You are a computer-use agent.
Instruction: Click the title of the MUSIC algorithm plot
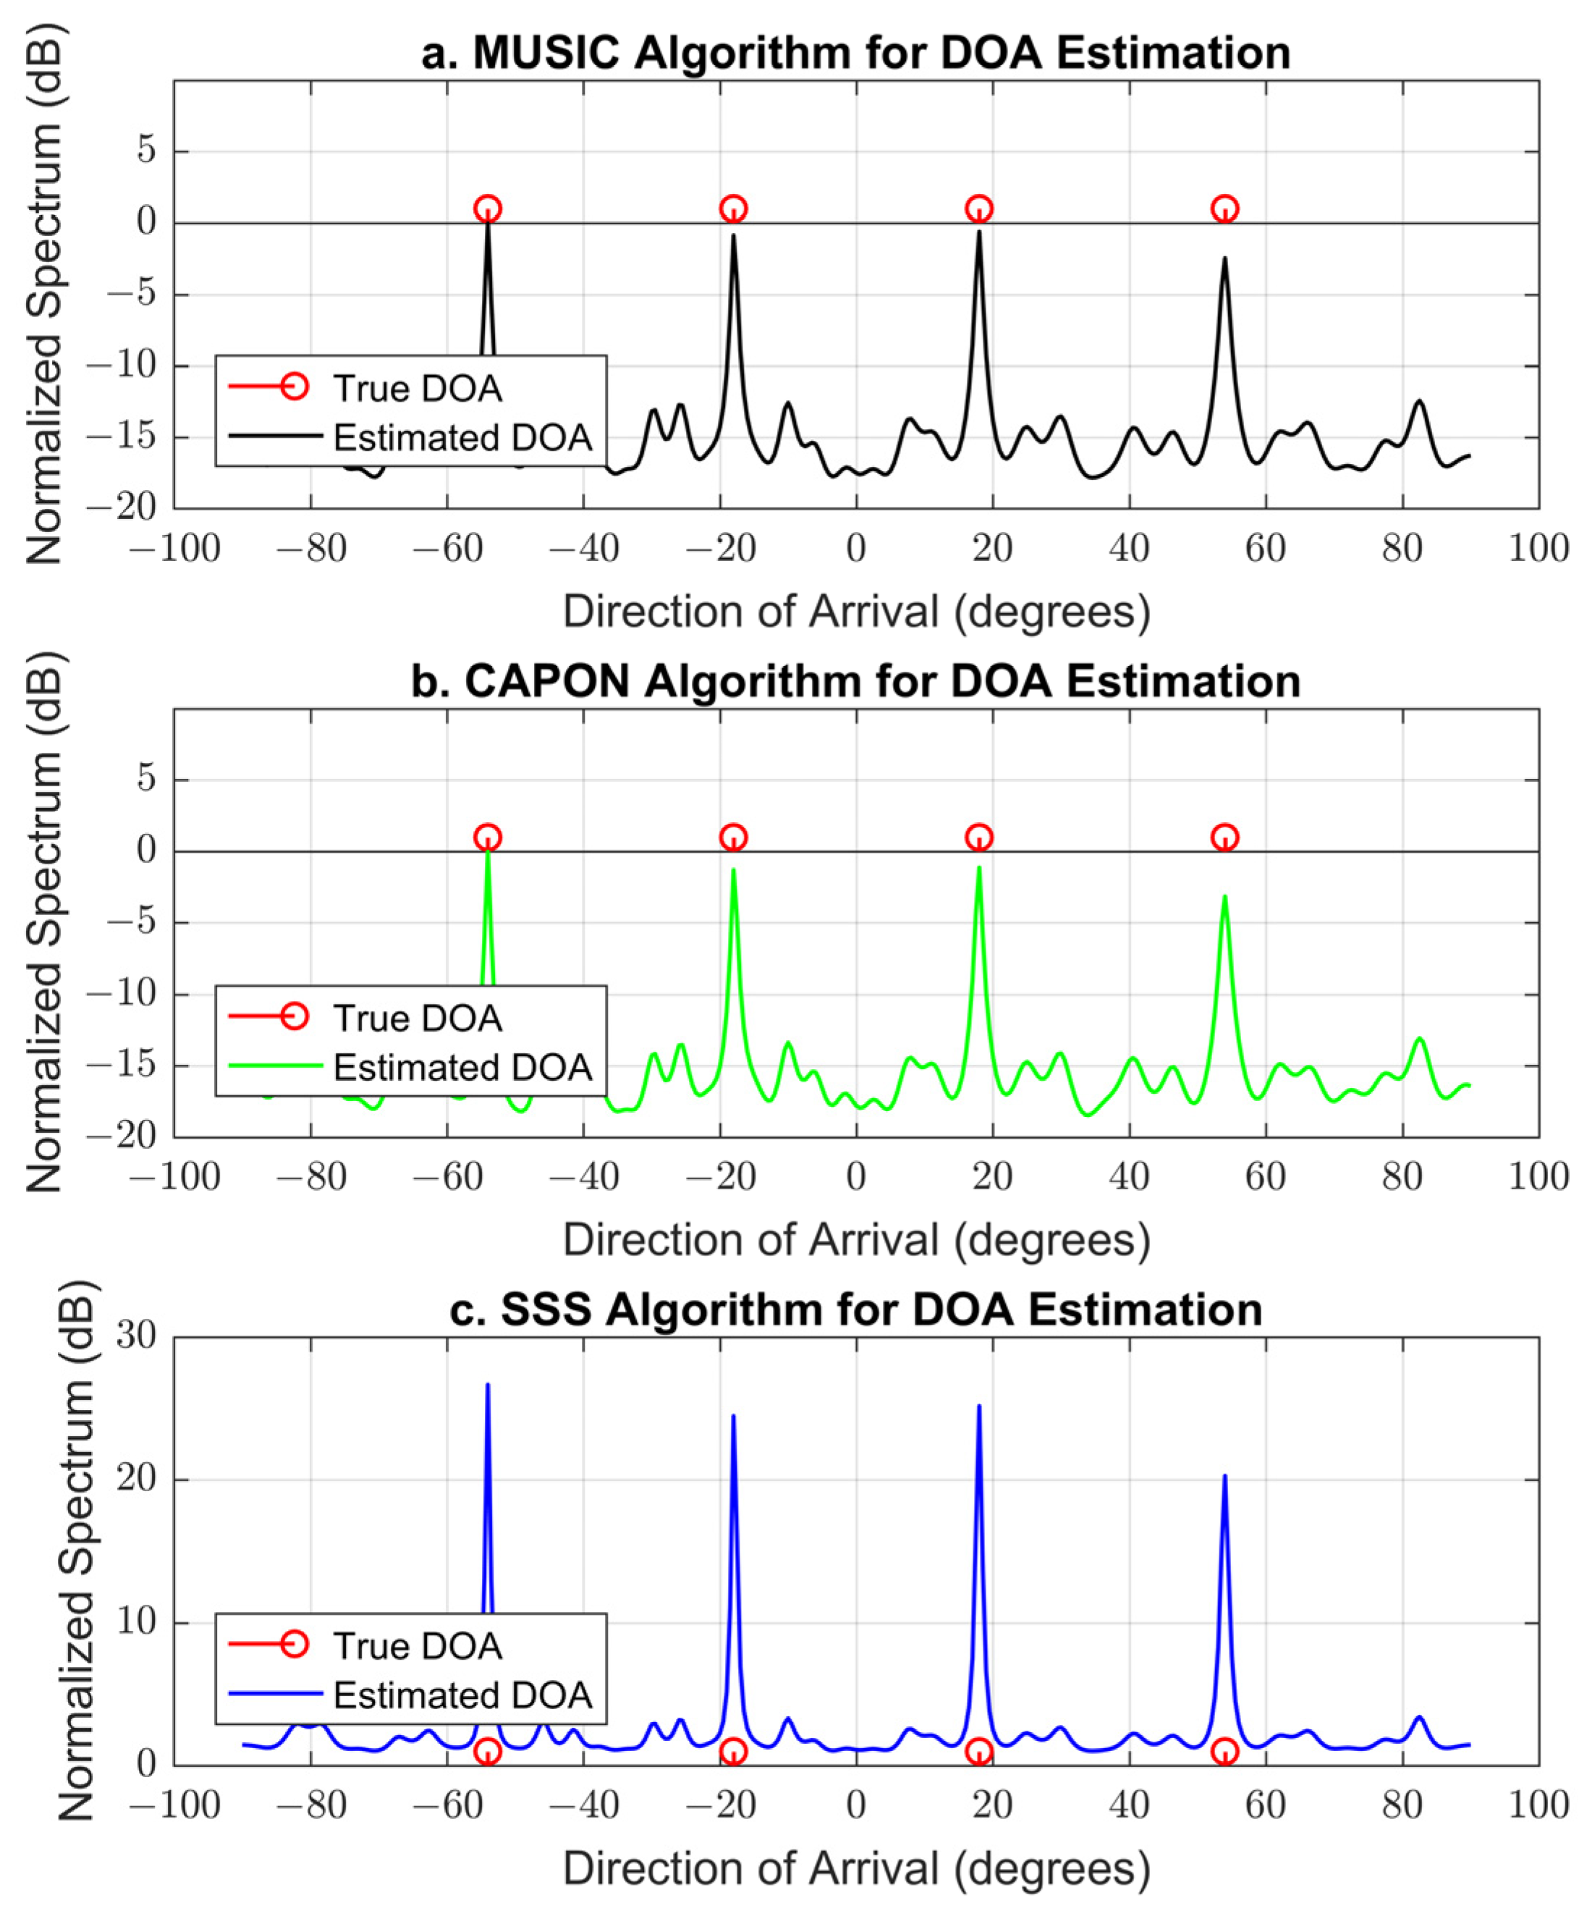855,53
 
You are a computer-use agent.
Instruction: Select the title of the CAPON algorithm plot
855,682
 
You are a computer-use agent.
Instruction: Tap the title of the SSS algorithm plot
855,1310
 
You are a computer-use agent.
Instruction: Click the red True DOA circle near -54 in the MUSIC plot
488,208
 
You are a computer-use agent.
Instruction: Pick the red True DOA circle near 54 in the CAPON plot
1225,838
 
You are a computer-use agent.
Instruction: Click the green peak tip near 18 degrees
979,867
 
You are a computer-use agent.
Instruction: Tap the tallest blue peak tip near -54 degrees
488,1385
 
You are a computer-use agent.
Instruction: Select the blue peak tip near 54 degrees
1225,1476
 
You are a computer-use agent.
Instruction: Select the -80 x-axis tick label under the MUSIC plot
311,549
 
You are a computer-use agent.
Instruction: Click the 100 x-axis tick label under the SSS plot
1538,1805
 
